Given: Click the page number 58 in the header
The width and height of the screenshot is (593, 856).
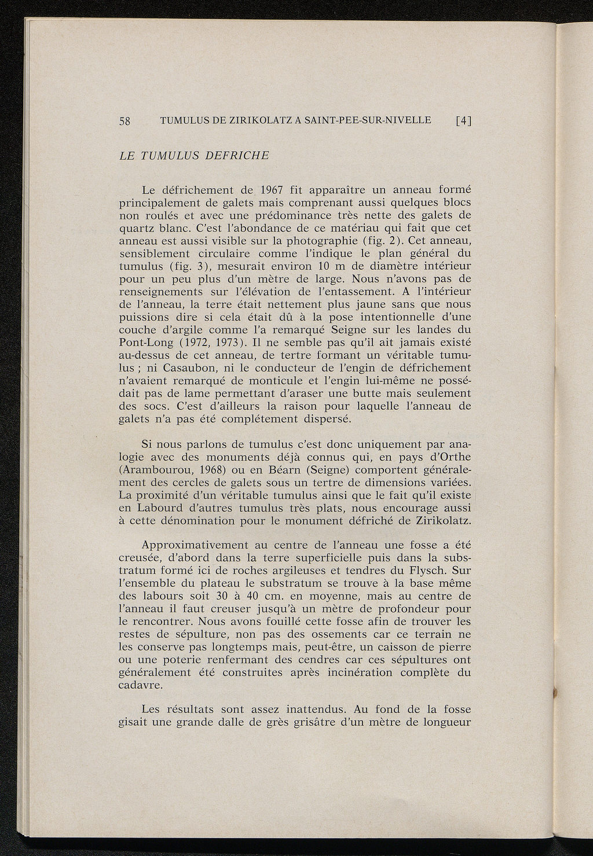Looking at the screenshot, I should click(x=125, y=121).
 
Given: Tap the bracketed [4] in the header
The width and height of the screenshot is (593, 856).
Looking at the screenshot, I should click(x=464, y=121).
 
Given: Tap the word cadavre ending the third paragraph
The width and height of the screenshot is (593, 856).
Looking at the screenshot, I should click(x=140, y=685).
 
